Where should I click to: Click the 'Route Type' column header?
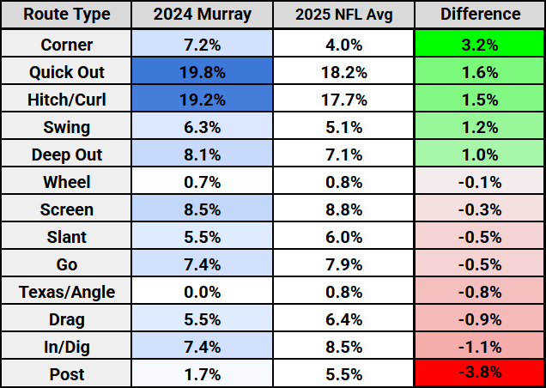(67, 15)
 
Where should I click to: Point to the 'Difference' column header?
(480, 15)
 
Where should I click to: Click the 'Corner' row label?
(67, 44)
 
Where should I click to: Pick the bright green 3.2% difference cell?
(480, 44)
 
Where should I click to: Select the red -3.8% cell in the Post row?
(480, 373)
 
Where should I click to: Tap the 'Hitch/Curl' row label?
(67, 99)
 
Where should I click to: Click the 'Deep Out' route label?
(67, 154)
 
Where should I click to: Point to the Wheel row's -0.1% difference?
(480, 181)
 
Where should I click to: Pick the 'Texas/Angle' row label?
(67, 291)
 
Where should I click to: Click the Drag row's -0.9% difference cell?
(480, 318)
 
